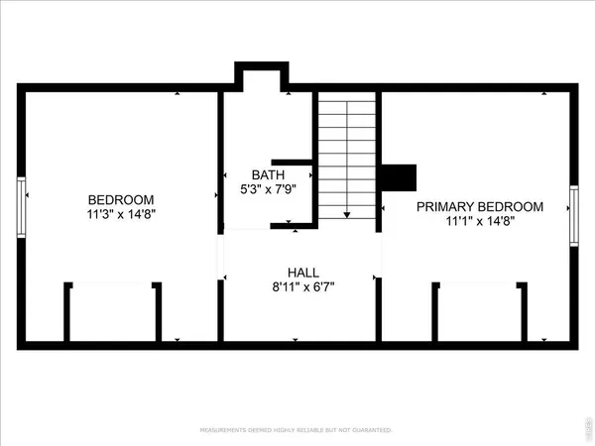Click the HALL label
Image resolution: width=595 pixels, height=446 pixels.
(302, 272)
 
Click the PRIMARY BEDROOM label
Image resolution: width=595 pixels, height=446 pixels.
(479, 206)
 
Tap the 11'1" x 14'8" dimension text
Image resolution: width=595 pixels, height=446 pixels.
(479, 221)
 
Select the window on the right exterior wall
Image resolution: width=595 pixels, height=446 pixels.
(574, 214)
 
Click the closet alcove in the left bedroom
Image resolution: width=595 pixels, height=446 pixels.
(113, 311)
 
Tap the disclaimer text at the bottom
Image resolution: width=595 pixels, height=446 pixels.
(297, 430)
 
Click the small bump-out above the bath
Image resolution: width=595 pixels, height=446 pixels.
(261, 76)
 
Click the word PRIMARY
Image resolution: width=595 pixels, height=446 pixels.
(442, 206)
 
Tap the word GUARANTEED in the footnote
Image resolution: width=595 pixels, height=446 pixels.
(368, 430)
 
